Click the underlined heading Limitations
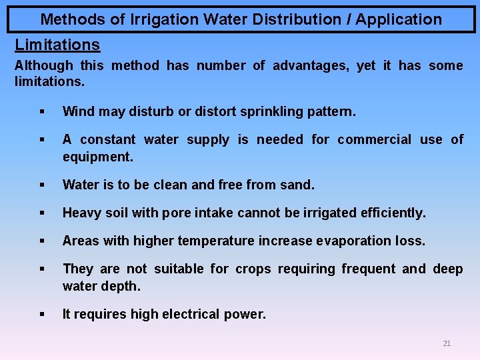[57, 45]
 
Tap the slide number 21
[447, 343]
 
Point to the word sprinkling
[261, 111]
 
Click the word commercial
[374, 139]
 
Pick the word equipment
[97, 157]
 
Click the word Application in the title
[399, 19]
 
